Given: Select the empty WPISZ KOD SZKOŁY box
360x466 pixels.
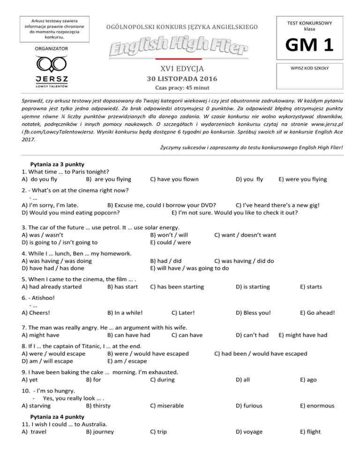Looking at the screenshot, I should click(311, 78).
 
